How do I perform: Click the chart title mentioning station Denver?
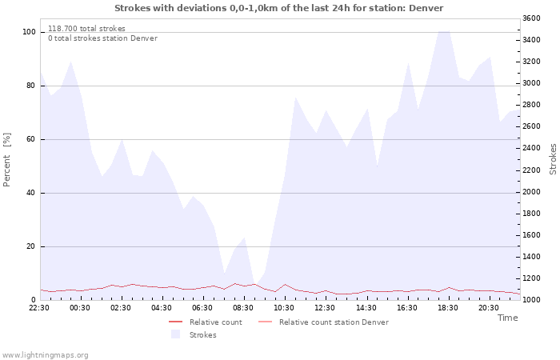click(x=279, y=8)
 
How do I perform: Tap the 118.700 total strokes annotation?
click(x=86, y=29)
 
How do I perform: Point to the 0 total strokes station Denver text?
click(x=103, y=38)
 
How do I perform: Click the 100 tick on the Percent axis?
click(x=29, y=32)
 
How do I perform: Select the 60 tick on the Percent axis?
click(x=31, y=139)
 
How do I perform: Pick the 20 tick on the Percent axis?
click(x=31, y=246)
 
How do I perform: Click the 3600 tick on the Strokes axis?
click(x=531, y=18)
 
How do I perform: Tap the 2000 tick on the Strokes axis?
click(x=531, y=192)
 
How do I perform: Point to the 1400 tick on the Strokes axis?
click(x=531, y=257)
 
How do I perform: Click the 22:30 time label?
click(x=39, y=308)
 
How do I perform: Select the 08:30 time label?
click(x=243, y=308)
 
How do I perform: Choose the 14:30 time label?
click(x=366, y=308)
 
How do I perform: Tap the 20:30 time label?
click(x=489, y=308)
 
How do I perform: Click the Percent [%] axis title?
click(x=6, y=160)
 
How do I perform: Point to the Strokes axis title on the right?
click(x=553, y=159)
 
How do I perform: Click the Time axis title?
click(x=508, y=318)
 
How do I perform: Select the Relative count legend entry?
click(x=206, y=322)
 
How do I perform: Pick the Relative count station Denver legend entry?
click(x=323, y=322)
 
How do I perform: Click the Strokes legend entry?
click(x=194, y=334)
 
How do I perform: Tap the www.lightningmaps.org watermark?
click(x=45, y=355)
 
